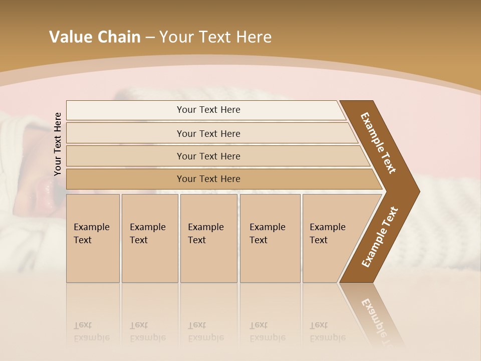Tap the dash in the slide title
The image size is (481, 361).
(x=150, y=38)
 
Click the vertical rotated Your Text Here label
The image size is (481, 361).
(x=58, y=144)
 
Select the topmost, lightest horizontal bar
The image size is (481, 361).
(x=208, y=110)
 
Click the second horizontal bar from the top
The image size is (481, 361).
(x=208, y=133)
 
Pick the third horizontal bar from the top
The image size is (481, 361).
(x=208, y=156)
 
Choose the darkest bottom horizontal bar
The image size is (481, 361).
(x=208, y=179)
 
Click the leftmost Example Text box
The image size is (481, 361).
(x=93, y=238)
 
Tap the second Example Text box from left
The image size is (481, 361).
(x=149, y=238)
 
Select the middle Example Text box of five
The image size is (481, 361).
(x=208, y=238)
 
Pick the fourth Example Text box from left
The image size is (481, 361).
(x=270, y=238)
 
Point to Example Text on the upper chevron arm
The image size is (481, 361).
(x=378, y=142)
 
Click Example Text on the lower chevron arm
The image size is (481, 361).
(x=380, y=237)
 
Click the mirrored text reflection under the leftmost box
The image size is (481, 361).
(x=91, y=331)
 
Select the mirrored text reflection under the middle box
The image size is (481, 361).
(x=205, y=331)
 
